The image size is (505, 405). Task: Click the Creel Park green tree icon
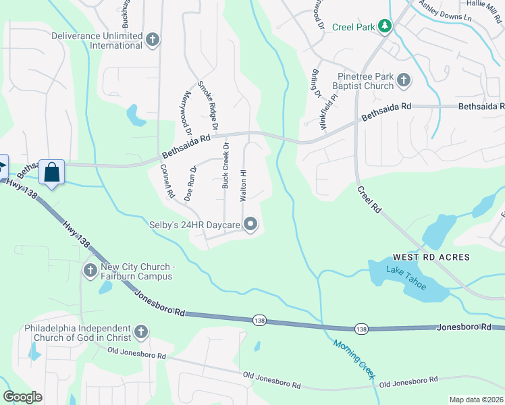(x=385, y=26)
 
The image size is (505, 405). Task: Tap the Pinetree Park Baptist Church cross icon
(x=404, y=81)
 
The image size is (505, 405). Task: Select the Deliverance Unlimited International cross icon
(x=153, y=40)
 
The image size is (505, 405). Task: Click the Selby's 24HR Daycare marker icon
(x=251, y=224)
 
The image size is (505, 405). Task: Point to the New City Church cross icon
(x=90, y=271)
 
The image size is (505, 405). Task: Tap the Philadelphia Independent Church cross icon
(x=140, y=331)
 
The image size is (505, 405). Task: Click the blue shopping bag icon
(x=51, y=172)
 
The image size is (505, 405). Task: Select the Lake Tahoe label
(x=406, y=278)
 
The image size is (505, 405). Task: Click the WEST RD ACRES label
(x=431, y=258)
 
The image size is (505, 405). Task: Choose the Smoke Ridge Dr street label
(x=208, y=106)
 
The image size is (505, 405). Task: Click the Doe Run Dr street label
(x=190, y=182)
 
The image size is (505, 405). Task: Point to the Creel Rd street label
(x=370, y=201)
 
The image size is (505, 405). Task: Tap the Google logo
(x=23, y=397)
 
